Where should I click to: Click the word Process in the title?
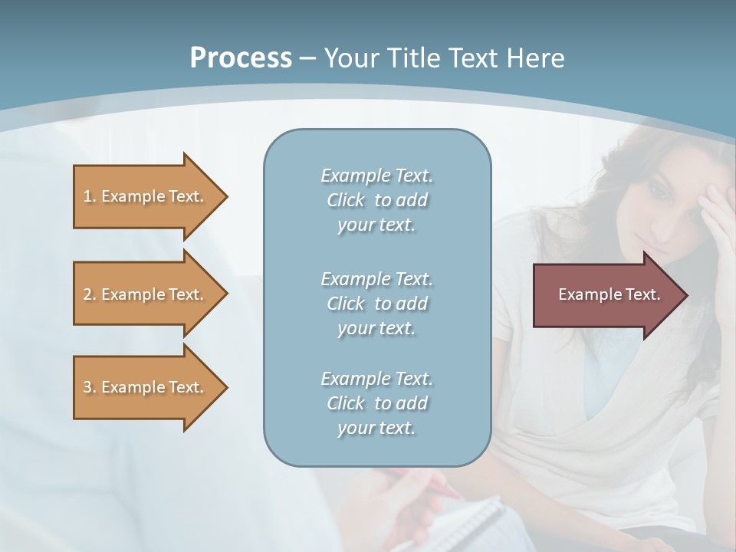(241, 58)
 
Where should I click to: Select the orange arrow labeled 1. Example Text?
(146, 196)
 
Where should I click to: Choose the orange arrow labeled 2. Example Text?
(146, 294)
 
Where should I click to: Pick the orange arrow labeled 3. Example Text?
(146, 387)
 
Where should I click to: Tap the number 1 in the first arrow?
(87, 196)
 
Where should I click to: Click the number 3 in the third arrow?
(87, 387)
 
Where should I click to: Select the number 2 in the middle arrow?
(87, 294)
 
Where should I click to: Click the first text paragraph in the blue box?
(376, 200)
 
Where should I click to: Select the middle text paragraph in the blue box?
(376, 304)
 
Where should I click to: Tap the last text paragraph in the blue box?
(376, 403)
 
